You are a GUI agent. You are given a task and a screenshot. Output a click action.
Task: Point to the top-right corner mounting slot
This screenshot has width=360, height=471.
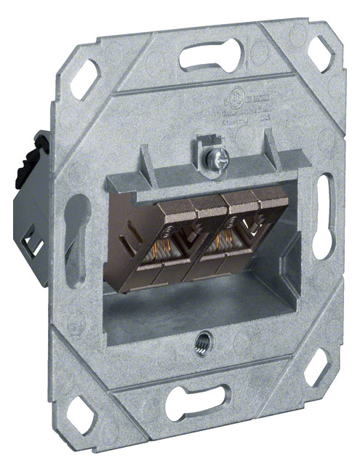pyautogui.click(x=321, y=52)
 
